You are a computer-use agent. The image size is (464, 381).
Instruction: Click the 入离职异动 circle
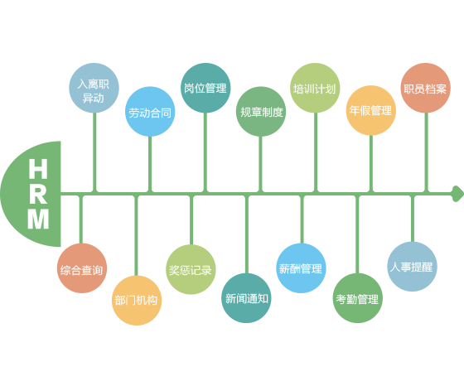pos(94,88)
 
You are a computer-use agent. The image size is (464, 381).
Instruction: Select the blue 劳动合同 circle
pos(150,112)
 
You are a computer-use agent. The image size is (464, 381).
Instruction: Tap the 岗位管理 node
pos(205,88)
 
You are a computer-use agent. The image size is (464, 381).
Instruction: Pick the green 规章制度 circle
pos(261,112)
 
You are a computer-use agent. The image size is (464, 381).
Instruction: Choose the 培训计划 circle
pos(315,88)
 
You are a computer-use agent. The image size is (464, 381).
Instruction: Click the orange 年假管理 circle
pos(371,110)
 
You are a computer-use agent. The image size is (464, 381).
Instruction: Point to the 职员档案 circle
pos(426,88)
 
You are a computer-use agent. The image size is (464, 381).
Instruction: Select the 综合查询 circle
pos(82,268)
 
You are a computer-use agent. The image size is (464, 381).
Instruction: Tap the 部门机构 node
pos(137,301)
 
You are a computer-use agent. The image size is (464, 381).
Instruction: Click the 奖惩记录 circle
pos(191,269)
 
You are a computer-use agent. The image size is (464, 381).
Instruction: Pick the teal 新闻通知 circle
pos(246,298)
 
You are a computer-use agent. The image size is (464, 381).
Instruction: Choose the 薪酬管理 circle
pos(302,268)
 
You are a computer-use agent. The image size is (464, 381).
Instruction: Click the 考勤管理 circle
pos(358,298)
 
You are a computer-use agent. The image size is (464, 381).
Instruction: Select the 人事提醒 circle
pos(413,267)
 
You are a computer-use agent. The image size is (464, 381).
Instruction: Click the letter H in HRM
pos(38,168)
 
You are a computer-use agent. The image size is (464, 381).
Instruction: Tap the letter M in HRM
pos(38,219)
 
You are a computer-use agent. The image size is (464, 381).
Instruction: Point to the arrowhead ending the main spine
pos(457,194)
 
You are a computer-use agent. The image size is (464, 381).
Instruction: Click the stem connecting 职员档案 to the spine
pos(427,152)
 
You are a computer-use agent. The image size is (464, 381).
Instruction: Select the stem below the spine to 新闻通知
pos(247,234)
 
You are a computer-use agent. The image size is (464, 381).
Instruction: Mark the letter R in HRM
pos(38,194)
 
